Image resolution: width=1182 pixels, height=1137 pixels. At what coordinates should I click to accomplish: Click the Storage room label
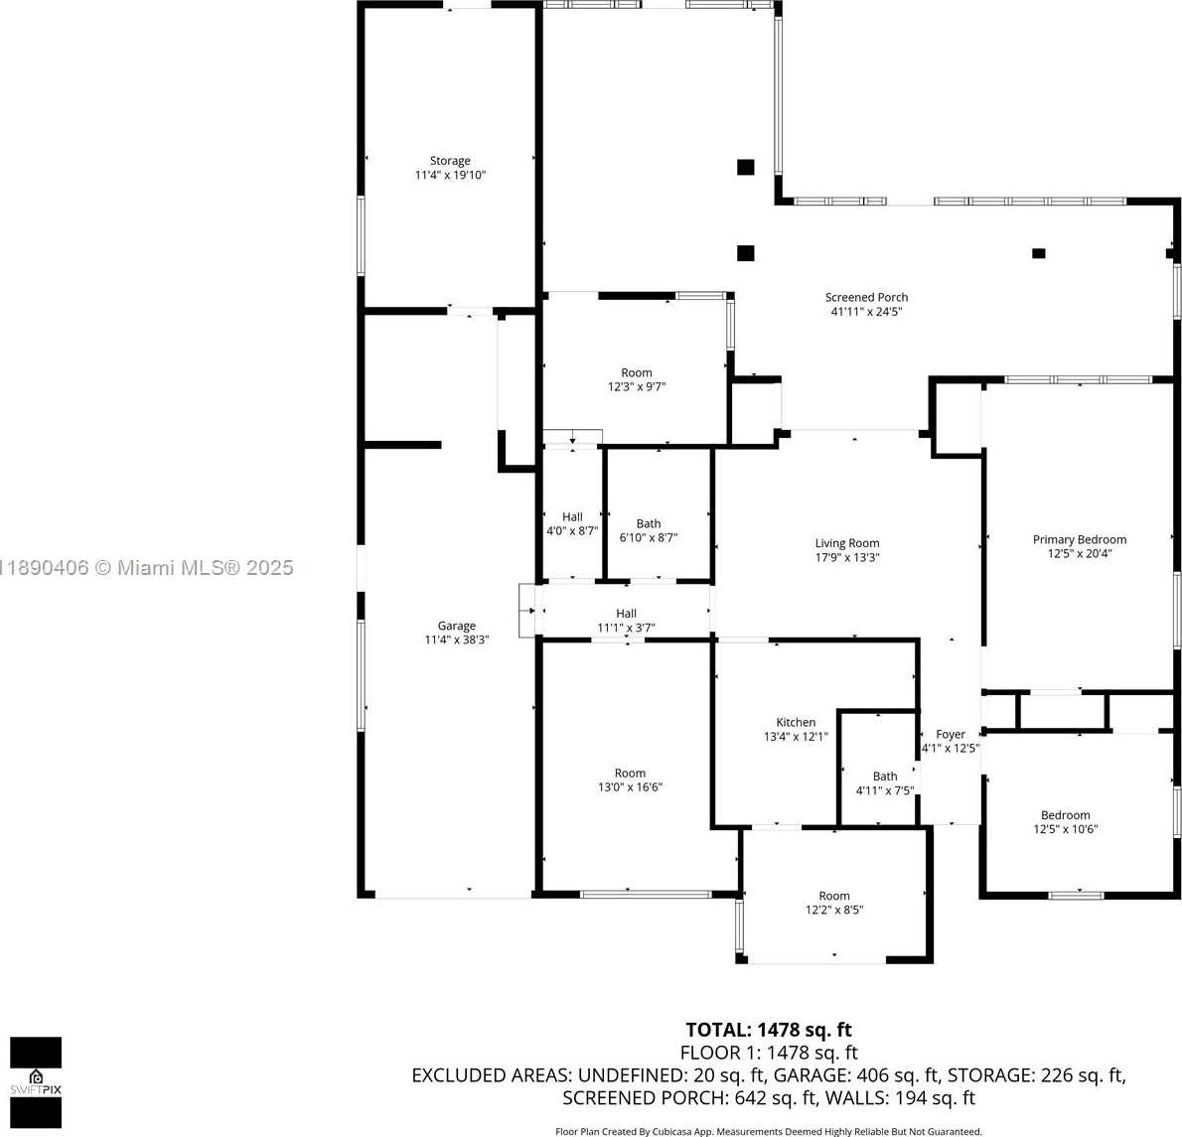pos(450,161)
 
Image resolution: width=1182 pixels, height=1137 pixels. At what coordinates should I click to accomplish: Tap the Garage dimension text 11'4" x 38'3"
pos(457,640)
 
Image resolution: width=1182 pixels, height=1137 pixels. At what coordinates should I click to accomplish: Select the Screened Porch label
pos(866,298)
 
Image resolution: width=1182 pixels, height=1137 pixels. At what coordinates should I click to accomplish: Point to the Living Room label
pos(847,543)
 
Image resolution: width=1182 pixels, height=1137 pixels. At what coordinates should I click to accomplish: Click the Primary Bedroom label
pos(1080,539)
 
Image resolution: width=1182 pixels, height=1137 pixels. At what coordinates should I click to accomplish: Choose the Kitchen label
pos(796,722)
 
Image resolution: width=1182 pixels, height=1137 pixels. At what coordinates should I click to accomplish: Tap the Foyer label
pos(951,734)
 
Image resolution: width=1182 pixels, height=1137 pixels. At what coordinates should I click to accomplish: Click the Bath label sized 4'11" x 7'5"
pos(885,777)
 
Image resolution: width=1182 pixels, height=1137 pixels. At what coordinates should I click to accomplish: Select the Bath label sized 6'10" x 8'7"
pos(649,523)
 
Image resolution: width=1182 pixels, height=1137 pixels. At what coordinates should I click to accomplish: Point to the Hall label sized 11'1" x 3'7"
pos(626,614)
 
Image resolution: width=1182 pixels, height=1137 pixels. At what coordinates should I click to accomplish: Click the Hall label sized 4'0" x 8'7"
pos(572,517)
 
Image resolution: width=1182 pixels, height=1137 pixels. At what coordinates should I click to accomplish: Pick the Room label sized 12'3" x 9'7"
pos(637,373)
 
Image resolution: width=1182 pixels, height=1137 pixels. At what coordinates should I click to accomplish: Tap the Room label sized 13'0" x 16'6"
pos(630,774)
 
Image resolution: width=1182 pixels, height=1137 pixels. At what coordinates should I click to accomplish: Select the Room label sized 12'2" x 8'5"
pos(833,896)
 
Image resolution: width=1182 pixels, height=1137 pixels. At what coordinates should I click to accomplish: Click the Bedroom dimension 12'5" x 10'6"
pos(1065,829)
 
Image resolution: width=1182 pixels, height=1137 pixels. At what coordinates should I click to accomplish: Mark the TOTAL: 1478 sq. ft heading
pos(768,1030)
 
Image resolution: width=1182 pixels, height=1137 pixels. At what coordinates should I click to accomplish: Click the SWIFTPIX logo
pos(36,1082)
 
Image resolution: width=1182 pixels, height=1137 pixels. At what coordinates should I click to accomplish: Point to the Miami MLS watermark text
pos(147,567)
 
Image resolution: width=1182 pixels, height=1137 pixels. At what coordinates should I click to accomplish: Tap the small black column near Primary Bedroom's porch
pos(1038,253)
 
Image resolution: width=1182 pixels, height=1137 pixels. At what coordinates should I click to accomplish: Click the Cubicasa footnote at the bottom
pos(768,1131)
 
